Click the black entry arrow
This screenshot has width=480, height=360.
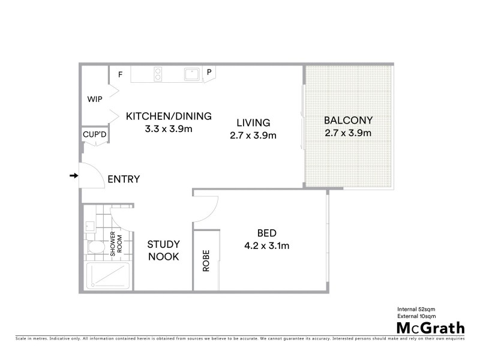tap(74, 176)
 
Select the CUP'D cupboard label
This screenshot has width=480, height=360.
tap(95, 136)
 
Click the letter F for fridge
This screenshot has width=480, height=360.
tap(120, 74)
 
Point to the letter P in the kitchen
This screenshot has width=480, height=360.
tap(209, 73)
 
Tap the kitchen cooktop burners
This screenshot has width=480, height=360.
tap(158, 74)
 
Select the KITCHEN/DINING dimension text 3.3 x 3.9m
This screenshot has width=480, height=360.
tap(169, 128)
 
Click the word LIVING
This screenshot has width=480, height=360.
tap(253, 122)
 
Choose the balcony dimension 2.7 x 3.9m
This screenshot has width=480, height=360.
tap(348, 133)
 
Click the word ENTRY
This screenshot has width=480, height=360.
tap(124, 179)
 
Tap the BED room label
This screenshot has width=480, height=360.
tap(266, 233)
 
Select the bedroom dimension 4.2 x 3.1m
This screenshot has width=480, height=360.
tap(266, 245)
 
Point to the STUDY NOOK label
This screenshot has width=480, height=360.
tap(164, 251)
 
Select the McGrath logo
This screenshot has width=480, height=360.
tap(430, 328)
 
